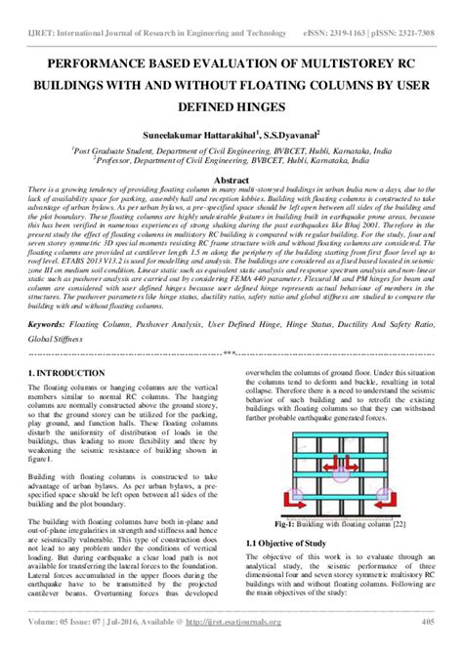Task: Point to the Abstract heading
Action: pyautogui.click(x=231, y=179)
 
